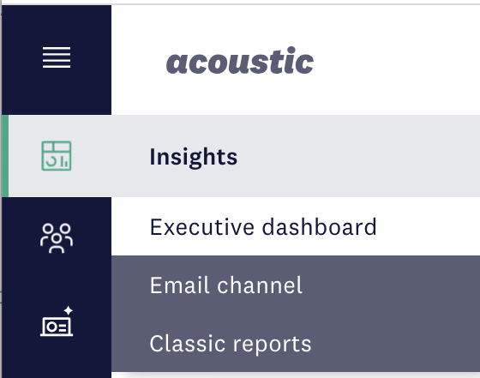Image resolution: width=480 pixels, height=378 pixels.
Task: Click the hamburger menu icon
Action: click(57, 57)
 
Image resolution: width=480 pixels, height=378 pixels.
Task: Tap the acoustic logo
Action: click(240, 61)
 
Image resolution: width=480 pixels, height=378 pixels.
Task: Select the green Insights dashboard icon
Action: click(57, 156)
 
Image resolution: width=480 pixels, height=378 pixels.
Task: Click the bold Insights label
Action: click(193, 157)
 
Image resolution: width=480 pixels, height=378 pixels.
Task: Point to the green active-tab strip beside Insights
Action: click(5, 156)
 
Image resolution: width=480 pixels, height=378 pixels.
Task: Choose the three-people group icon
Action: click(57, 238)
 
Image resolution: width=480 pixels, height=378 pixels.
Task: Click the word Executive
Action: click(202, 227)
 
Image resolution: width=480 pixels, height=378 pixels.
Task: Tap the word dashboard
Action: click(319, 227)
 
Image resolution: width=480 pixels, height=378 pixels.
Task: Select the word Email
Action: click(180, 285)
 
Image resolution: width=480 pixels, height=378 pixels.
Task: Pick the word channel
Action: click(260, 285)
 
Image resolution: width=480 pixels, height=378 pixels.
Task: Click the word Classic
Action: click(188, 344)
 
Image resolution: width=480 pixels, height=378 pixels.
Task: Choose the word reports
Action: click(273, 345)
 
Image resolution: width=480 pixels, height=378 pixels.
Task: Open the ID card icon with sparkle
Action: click(57, 321)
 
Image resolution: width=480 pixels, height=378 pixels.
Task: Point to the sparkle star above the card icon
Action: click(69, 310)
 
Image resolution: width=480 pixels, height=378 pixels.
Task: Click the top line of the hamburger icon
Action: click(57, 48)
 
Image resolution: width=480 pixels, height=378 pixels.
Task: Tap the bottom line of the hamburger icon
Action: click(57, 67)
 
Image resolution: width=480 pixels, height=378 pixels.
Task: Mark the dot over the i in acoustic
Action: click(291, 50)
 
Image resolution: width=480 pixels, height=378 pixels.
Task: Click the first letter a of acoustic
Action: click(177, 63)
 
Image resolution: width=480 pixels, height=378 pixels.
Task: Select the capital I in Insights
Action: click(153, 156)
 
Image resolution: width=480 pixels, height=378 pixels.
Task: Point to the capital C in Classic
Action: click(158, 344)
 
